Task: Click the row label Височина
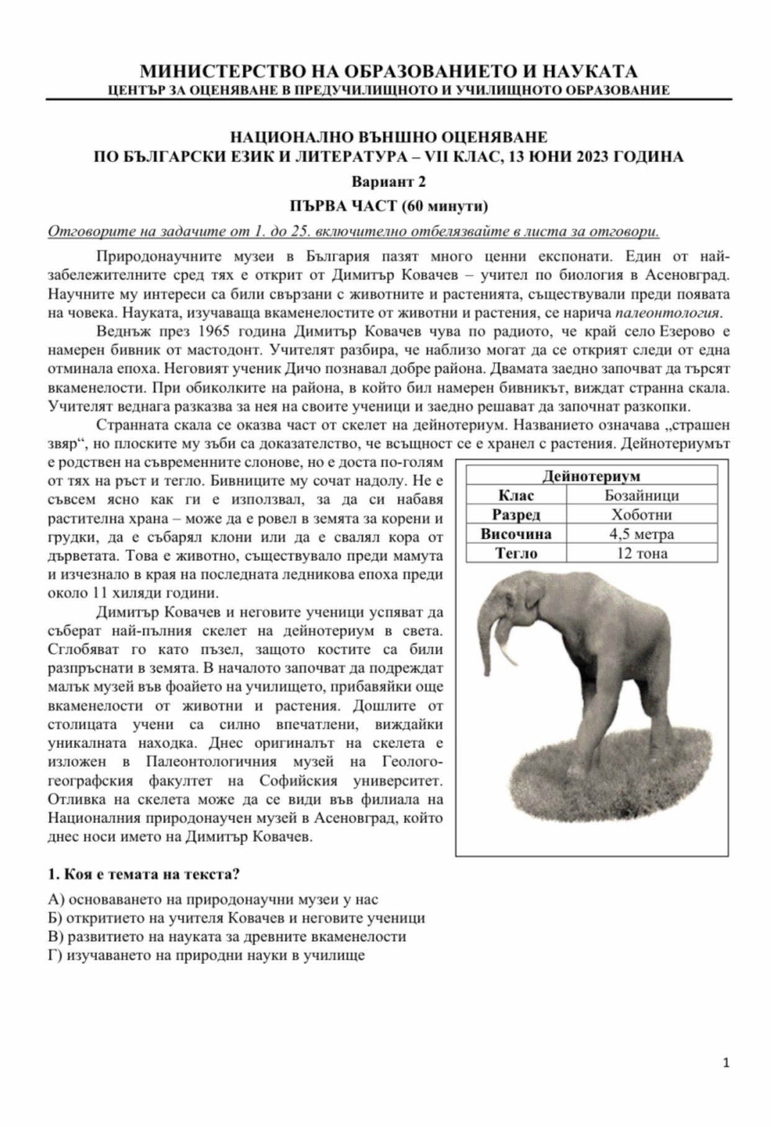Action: pos(516,534)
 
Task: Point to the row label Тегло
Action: pos(516,553)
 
